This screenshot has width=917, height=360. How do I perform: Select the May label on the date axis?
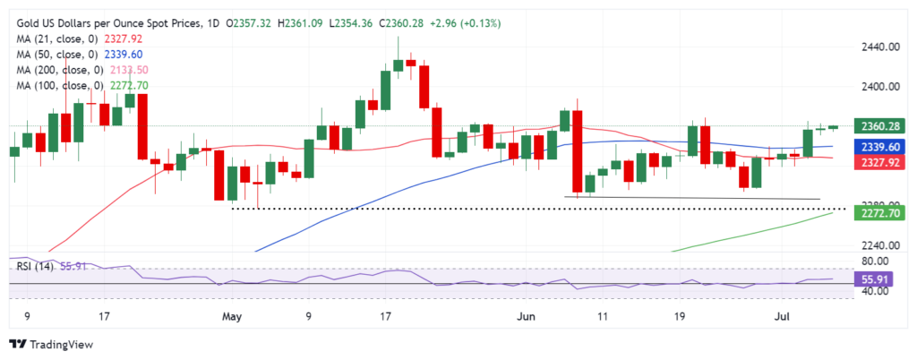232,316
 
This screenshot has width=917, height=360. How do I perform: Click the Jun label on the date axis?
527,316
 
